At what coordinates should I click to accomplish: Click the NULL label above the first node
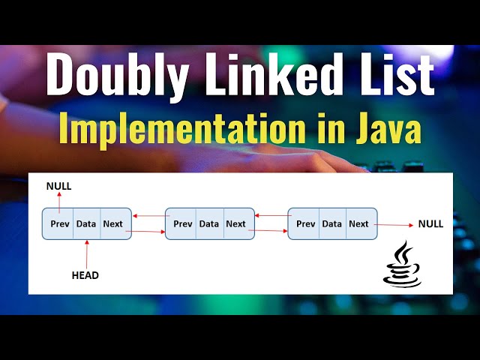tap(58, 186)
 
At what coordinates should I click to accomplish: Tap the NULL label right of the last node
tap(430, 223)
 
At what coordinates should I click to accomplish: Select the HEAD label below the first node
tap(85, 275)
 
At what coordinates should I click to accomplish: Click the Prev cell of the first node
tap(59, 223)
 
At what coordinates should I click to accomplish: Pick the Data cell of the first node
tap(86, 223)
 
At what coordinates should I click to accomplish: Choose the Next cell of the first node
tap(113, 223)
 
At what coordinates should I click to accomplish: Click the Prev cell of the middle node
tap(182, 223)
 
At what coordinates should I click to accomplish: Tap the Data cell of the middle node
tap(209, 223)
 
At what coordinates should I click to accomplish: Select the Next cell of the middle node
tap(236, 223)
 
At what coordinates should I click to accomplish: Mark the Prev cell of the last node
tap(305, 223)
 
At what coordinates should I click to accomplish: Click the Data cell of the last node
tap(332, 223)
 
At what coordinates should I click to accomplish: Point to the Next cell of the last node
tap(359, 223)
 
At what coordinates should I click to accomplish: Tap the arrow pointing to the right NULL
tap(394, 224)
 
